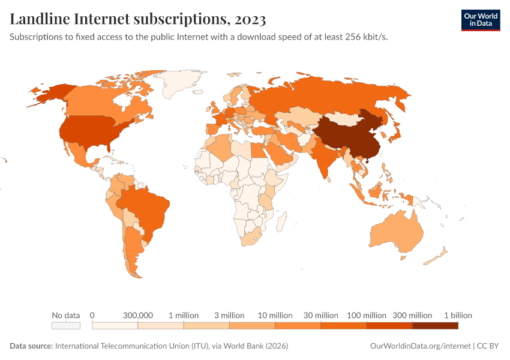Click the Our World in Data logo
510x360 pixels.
(x=480, y=20)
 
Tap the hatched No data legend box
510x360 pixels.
(x=66, y=326)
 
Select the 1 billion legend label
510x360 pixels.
(x=458, y=315)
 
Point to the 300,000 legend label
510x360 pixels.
(x=138, y=315)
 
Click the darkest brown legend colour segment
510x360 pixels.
(x=435, y=326)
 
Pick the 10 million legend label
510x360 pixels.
(x=275, y=315)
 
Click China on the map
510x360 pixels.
(x=345, y=135)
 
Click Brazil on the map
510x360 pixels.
(x=147, y=207)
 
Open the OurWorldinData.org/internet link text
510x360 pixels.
(x=420, y=346)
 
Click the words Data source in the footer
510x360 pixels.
(x=31, y=346)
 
